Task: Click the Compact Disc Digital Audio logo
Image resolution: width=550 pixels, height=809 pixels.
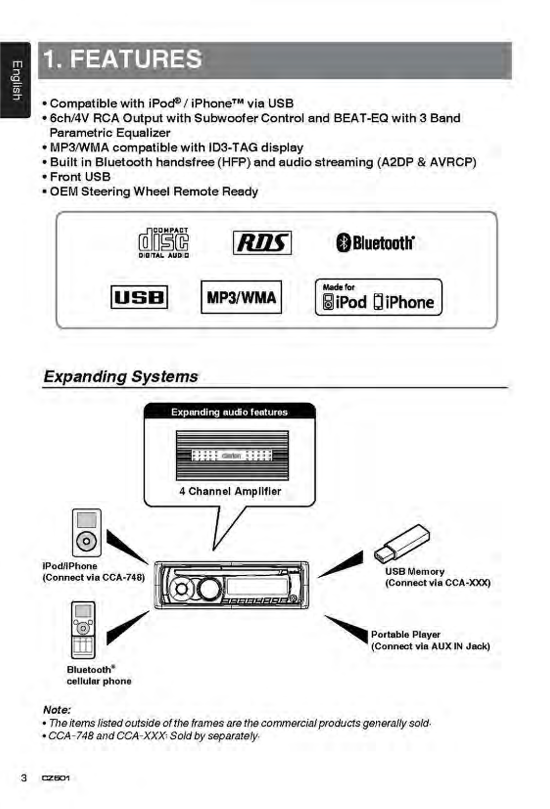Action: point(163,243)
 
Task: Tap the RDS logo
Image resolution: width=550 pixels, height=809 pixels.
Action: point(262,243)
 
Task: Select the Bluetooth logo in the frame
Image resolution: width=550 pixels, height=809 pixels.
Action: point(375,243)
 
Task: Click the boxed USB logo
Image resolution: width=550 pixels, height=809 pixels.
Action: point(139,297)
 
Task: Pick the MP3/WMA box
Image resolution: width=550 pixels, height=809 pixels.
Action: point(241,297)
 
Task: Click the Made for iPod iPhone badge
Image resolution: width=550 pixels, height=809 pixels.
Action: point(379,297)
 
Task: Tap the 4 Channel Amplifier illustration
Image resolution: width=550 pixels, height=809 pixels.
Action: point(232,455)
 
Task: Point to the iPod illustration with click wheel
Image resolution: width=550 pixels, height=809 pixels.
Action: point(86,533)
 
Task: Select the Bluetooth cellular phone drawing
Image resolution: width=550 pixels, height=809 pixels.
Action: point(83,630)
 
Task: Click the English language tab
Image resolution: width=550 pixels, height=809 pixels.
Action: point(15,80)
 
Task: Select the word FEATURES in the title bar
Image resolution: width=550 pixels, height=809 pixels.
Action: point(136,59)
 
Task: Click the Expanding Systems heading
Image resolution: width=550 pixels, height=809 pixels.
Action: point(121,377)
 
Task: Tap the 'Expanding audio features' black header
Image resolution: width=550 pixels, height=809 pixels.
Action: point(230,411)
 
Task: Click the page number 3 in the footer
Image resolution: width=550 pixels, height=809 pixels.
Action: point(24,778)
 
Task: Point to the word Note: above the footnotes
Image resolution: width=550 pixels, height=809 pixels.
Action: point(57,710)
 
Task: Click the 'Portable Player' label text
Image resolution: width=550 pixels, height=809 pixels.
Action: point(406,634)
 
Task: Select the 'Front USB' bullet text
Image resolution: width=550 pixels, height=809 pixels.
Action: point(80,177)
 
